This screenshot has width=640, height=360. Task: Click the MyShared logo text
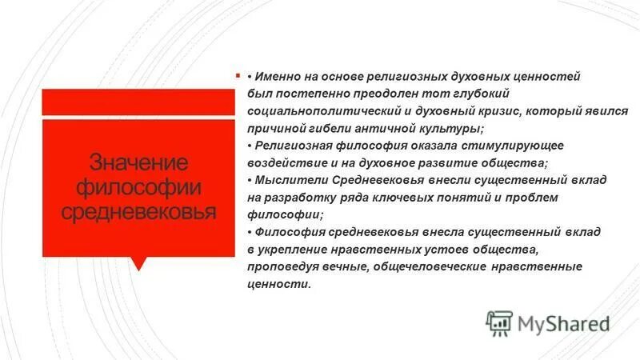564,323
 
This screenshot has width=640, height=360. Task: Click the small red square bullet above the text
238,77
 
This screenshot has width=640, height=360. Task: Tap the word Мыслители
290,180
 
